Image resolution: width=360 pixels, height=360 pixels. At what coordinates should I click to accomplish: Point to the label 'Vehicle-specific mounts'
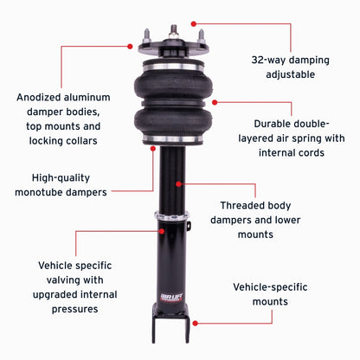[x=273, y=294]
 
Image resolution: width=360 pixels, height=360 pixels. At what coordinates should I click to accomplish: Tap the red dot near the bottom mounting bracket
[x=195, y=322]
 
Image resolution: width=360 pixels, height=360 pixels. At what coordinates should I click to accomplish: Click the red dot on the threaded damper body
[x=179, y=183]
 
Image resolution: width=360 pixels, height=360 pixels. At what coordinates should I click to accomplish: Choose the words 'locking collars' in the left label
[x=81, y=140]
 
